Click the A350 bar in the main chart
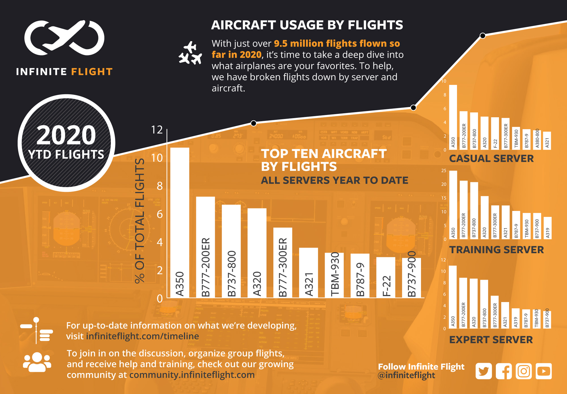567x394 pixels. (179, 222)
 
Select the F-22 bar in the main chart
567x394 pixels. (386, 277)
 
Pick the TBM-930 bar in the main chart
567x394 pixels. (334, 275)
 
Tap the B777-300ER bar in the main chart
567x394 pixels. (283, 262)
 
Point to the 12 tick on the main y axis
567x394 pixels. (157, 130)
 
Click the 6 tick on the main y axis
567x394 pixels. (160, 214)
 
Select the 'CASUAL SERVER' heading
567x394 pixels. (491, 159)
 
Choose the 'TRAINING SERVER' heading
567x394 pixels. (496, 250)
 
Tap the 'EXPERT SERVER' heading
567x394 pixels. (491, 340)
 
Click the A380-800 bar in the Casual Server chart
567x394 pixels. (537, 140)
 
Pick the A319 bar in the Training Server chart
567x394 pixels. (547, 228)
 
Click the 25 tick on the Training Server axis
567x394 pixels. (444, 170)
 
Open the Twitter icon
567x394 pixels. (483, 371)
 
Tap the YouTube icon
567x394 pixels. (544, 371)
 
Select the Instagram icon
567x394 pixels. (524, 371)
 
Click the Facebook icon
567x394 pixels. (503, 371)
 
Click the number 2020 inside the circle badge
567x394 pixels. (66, 135)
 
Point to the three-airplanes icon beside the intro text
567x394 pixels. (190, 53)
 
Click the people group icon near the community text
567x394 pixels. (37, 362)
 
